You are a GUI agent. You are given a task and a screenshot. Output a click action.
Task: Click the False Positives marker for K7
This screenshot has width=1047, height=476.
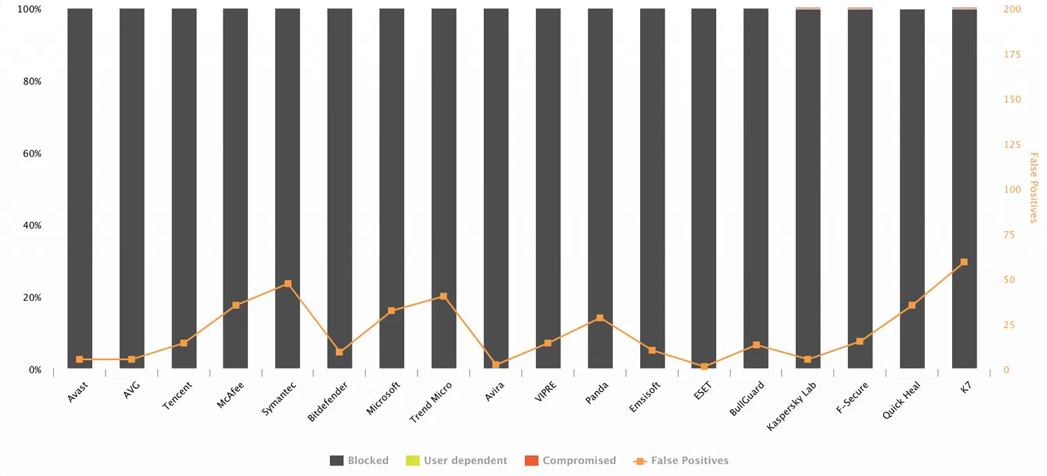[964, 262]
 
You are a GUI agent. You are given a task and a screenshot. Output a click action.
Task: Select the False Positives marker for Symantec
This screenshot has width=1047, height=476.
[288, 284]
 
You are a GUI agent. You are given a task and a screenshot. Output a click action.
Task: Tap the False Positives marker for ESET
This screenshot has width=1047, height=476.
[704, 366]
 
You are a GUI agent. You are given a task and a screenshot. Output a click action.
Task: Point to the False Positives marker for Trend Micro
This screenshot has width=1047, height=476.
[444, 297]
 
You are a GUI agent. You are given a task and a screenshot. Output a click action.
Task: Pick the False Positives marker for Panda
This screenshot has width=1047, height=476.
[600, 318]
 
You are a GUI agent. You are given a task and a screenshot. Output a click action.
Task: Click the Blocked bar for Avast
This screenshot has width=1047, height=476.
[80, 188]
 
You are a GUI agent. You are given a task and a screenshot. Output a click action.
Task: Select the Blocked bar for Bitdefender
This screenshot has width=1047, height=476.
[339, 188]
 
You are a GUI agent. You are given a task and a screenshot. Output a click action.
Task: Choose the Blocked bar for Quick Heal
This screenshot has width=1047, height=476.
[912, 188]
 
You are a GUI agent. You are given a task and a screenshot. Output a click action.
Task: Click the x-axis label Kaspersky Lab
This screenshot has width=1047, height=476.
[792, 406]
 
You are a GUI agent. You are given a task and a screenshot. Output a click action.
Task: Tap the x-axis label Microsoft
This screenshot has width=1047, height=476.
[383, 399]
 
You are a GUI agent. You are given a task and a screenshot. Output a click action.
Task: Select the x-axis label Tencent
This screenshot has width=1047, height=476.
[177, 395]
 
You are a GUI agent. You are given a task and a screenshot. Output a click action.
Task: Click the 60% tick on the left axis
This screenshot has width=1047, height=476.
[31, 154]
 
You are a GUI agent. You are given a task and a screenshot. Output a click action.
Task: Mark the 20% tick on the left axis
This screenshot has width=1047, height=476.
[31, 298]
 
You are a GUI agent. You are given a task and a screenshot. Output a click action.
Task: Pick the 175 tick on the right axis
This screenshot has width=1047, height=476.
[1011, 55]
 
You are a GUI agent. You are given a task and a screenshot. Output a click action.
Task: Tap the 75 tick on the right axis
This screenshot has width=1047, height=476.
[1009, 235]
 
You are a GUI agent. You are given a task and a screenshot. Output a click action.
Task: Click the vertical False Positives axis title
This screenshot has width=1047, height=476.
[1034, 188]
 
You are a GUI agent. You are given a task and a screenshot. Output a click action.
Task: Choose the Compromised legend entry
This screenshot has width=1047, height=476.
[570, 461]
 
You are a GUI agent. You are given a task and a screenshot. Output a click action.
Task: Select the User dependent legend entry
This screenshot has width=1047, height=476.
[456, 461]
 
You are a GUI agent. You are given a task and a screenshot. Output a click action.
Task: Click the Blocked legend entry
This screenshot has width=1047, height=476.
[359, 461]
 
